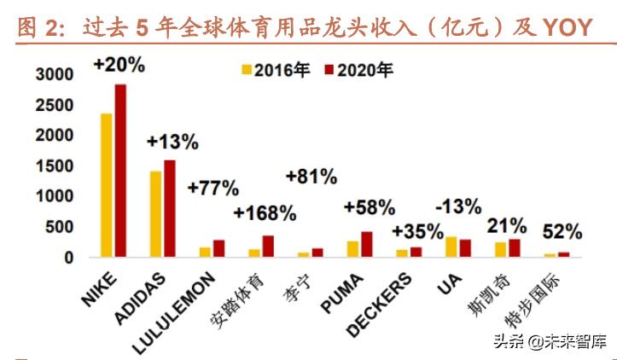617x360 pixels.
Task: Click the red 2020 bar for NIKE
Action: tap(120, 171)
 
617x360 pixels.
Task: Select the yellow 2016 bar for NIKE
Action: tap(107, 185)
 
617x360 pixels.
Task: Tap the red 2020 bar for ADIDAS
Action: tap(169, 208)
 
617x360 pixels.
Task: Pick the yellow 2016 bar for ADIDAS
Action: tap(155, 214)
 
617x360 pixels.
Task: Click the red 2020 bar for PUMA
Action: tap(367, 244)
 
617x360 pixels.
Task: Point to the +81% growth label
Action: tap(311, 177)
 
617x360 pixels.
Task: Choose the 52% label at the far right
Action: tap(562, 231)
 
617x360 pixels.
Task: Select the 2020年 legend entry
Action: tap(358, 69)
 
